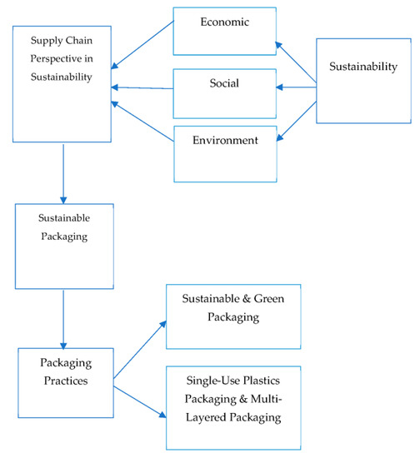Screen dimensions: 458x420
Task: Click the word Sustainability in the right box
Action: pyautogui.click(x=363, y=66)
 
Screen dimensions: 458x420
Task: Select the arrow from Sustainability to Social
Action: pyautogui.click(x=296, y=84)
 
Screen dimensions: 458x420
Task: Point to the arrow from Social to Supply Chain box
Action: pyautogui.click(x=142, y=87)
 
